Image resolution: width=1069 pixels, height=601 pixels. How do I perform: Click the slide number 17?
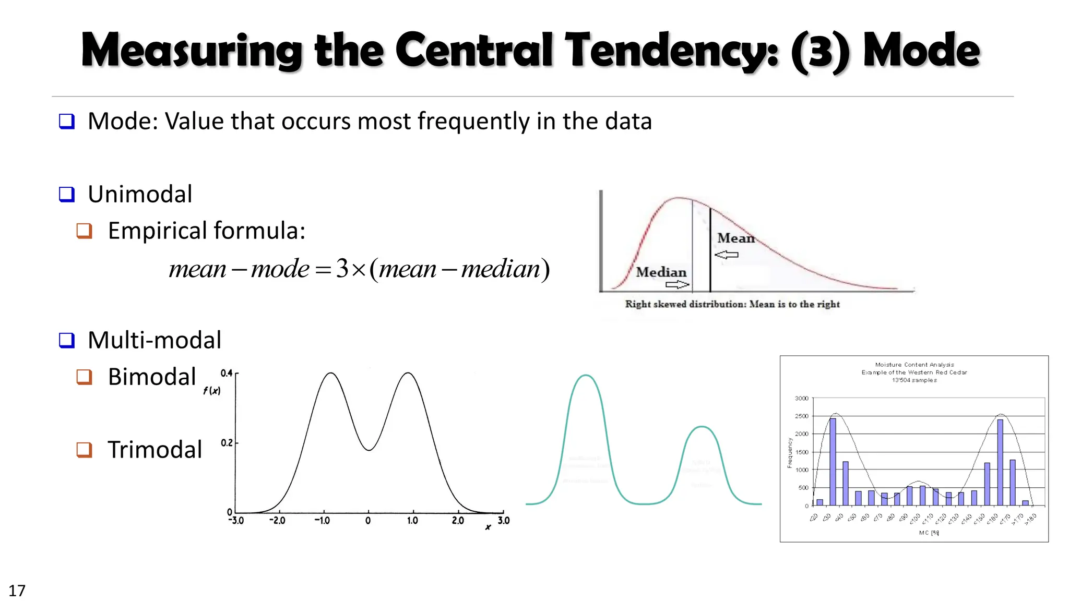(x=17, y=591)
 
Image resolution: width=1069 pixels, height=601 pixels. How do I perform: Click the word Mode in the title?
(x=921, y=51)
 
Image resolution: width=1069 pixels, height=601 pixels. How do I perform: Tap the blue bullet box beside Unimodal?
(x=67, y=194)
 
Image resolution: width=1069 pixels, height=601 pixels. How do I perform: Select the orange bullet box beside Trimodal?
(x=85, y=449)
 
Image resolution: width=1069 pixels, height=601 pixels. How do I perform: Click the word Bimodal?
(x=152, y=377)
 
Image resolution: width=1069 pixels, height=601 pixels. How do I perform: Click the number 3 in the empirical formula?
(x=342, y=269)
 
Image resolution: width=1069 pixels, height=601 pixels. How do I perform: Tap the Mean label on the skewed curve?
(x=735, y=238)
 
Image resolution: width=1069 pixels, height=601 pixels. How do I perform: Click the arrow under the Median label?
(x=677, y=285)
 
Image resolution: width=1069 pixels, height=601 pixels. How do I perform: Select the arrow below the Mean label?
(x=727, y=255)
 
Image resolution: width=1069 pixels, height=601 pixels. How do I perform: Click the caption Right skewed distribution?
(x=732, y=304)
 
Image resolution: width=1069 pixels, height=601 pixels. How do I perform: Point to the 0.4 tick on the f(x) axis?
(x=227, y=373)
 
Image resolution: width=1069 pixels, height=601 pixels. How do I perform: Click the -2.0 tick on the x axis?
(x=277, y=521)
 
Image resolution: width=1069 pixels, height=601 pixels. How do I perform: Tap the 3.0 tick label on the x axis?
(x=503, y=521)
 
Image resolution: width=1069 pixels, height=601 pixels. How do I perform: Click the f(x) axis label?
(x=211, y=391)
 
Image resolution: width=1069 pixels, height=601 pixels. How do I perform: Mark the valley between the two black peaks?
(x=369, y=449)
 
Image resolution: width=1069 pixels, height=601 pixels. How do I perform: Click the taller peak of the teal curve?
(x=586, y=376)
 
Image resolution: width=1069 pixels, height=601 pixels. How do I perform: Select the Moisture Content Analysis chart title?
(x=914, y=365)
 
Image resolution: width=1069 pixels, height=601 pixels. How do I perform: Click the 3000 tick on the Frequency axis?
(x=801, y=399)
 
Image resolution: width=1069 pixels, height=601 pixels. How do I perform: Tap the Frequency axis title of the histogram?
(x=790, y=452)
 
